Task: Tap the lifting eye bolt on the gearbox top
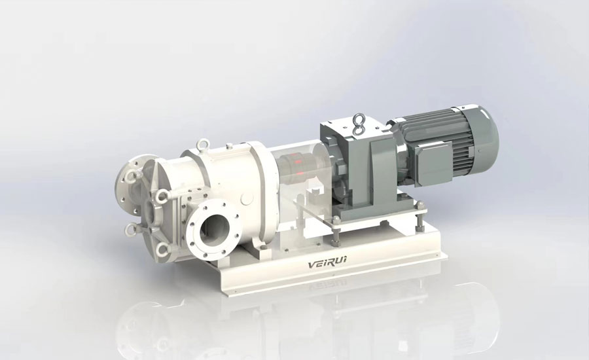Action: click(358, 124)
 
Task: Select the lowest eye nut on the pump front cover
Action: click(162, 247)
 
